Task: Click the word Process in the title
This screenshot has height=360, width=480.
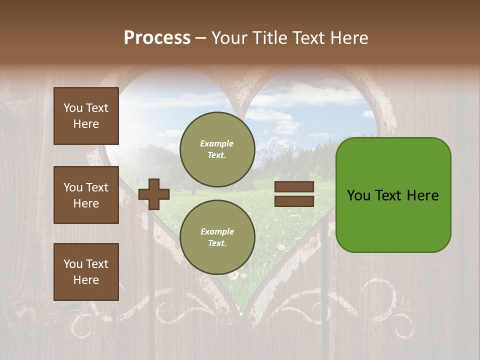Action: [157, 38]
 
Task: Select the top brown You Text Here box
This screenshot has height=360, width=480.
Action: [86, 116]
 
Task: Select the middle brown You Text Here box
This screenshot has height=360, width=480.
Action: [86, 195]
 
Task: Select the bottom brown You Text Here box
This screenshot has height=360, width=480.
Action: [86, 272]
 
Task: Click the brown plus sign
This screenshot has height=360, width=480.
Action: [154, 194]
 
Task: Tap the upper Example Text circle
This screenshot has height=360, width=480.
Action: [217, 149]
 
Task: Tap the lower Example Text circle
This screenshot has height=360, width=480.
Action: [217, 237]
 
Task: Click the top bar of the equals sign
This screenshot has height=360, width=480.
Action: [294, 186]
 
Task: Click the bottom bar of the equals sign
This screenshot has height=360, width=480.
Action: [294, 201]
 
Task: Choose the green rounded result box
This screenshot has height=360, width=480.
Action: [393, 195]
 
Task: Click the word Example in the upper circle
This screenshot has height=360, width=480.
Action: [217, 143]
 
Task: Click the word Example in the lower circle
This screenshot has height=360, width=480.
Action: [217, 231]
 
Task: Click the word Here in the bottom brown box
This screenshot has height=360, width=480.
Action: [86, 280]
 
